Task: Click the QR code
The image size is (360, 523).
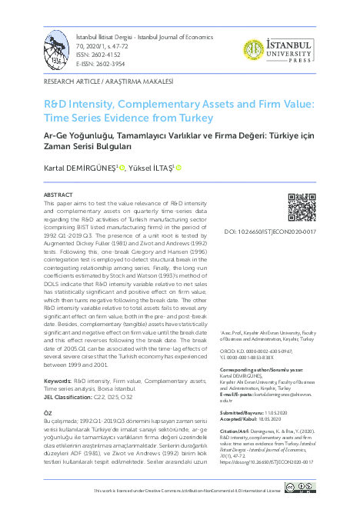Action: (x=302, y=207)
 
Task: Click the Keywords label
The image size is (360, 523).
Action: (x=58, y=381)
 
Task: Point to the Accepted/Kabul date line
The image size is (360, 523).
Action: (x=263, y=419)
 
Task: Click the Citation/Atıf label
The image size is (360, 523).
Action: (x=258, y=432)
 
